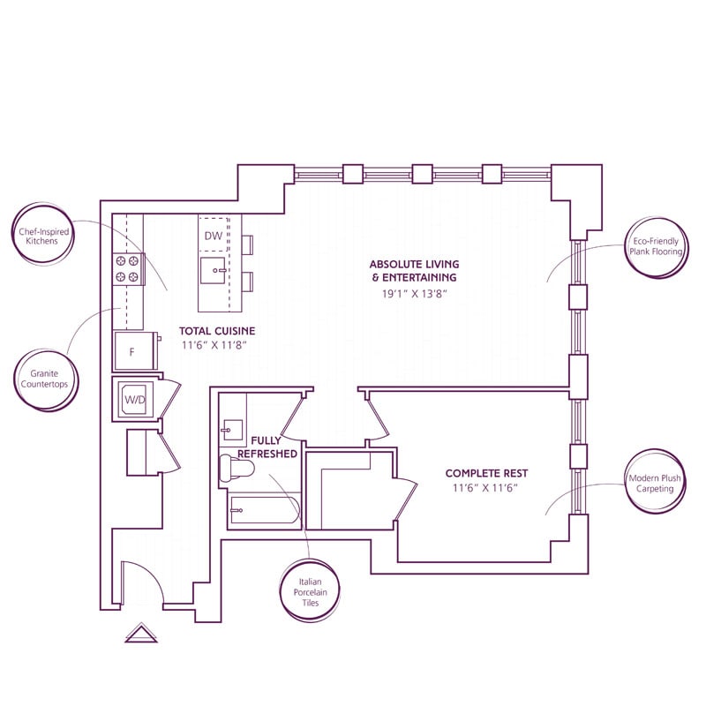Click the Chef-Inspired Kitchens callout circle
(x=44, y=240)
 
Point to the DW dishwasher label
(x=213, y=236)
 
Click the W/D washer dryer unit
(x=134, y=399)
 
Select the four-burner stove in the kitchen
(x=128, y=268)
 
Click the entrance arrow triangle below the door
(x=140, y=633)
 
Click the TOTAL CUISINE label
(x=219, y=331)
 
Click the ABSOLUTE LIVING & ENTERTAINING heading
(x=414, y=271)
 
